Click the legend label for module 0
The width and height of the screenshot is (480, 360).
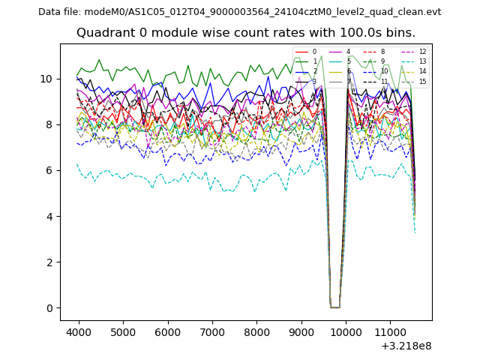pos(314,52)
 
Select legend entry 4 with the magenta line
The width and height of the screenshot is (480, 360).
pos(348,52)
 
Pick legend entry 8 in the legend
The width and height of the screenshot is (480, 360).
pos(382,52)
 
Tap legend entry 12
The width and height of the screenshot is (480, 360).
pos(422,52)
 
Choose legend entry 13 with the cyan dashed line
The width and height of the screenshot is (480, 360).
pos(422,61)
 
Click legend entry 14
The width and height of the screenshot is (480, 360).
pos(422,71)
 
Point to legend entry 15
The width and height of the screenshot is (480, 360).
pos(422,82)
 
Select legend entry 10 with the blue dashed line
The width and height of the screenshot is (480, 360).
pos(384,71)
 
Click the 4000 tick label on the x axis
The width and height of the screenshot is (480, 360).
pos(79,331)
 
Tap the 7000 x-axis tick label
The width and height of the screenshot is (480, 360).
pos(212,331)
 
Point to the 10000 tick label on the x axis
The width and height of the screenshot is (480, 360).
pos(346,331)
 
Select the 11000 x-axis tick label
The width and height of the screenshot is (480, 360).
pos(390,331)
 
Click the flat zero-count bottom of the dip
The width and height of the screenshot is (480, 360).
pos(334,307)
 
